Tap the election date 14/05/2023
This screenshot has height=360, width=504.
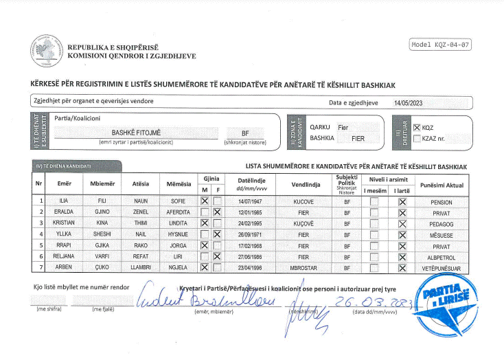(x=408, y=102)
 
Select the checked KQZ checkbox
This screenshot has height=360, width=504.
(x=417, y=128)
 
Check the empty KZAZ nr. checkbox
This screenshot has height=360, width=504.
(x=417, y=138)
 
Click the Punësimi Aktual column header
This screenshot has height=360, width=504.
(x=442, y=185)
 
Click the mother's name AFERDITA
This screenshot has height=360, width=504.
(x=178, y=213)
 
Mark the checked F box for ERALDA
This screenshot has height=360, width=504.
(x=217, y=213)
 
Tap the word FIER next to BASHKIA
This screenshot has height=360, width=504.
(x=358, y=138)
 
